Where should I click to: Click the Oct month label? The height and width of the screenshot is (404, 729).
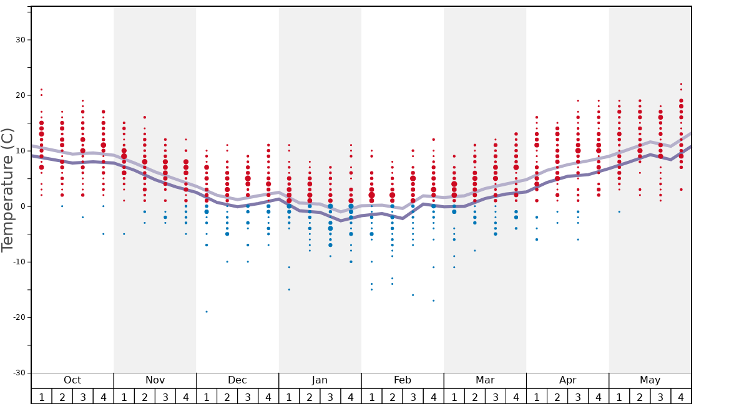pyautogui.click(x=72, y=380)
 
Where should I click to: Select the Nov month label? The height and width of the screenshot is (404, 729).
pyautogui.click(x=155, y=380)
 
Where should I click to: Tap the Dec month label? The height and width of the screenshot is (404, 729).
pyautogui.click(x=237, y=380)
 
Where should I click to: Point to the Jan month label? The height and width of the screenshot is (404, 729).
pyautogui.click(x=320, y=380)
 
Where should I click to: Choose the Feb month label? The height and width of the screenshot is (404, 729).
pyautogui.click(x=403, y=380)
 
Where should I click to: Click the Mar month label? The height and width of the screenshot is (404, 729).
pyautogui.click(x=485, y=380)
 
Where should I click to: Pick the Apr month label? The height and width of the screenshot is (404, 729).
pyautogui.click(x=567, y=380)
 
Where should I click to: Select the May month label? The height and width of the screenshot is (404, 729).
pyautogui.click(x=650, y=380)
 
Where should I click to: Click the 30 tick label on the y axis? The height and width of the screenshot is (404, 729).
pyautogui.click(x=19, y=40)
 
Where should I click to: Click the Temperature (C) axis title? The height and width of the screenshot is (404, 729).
pyautogui.click(x=7, y=190)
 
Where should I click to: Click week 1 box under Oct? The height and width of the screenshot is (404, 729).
pyautogui.click(x=41, y=397)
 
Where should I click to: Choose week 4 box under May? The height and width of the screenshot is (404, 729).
pyautogui.click(x=681, y=397)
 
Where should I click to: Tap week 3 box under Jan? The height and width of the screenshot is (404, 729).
pyautogui.click(x=330, y=397)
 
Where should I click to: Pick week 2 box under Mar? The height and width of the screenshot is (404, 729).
pyautogui.click(x=474, y=397)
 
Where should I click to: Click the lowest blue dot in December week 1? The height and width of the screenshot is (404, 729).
pyautogui.click(x=207, y=312)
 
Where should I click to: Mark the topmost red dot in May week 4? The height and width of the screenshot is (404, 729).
pyautogui.click(x=681, y=84)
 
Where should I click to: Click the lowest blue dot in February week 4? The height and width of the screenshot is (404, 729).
pyautogui.click(x=433, y=301)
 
